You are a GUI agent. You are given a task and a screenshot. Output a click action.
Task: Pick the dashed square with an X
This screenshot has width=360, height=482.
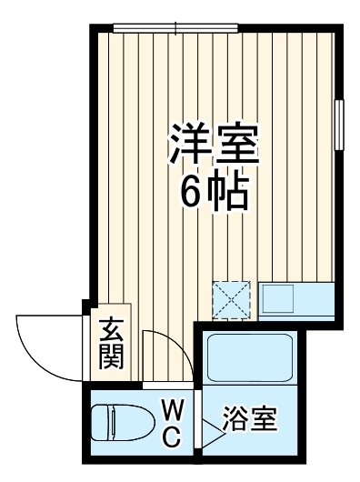pyautogui.click(x=231, y=299)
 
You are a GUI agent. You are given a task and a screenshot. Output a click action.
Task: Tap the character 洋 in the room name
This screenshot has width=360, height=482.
pyautogui.click(x=185, y=145)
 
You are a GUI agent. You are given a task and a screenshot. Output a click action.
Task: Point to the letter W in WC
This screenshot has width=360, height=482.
pyautogui.click(x=172, y=410)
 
